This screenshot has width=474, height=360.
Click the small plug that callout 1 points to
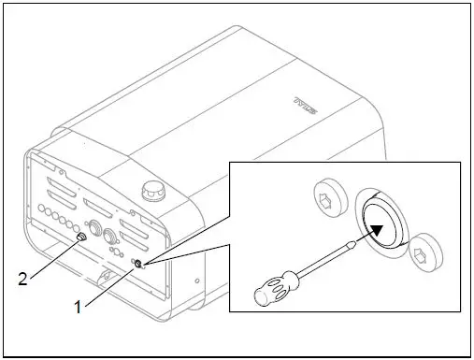coord(138,265)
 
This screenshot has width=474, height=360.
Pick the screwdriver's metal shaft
coord(323,264)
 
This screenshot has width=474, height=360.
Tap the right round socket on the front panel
coord(112,236)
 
